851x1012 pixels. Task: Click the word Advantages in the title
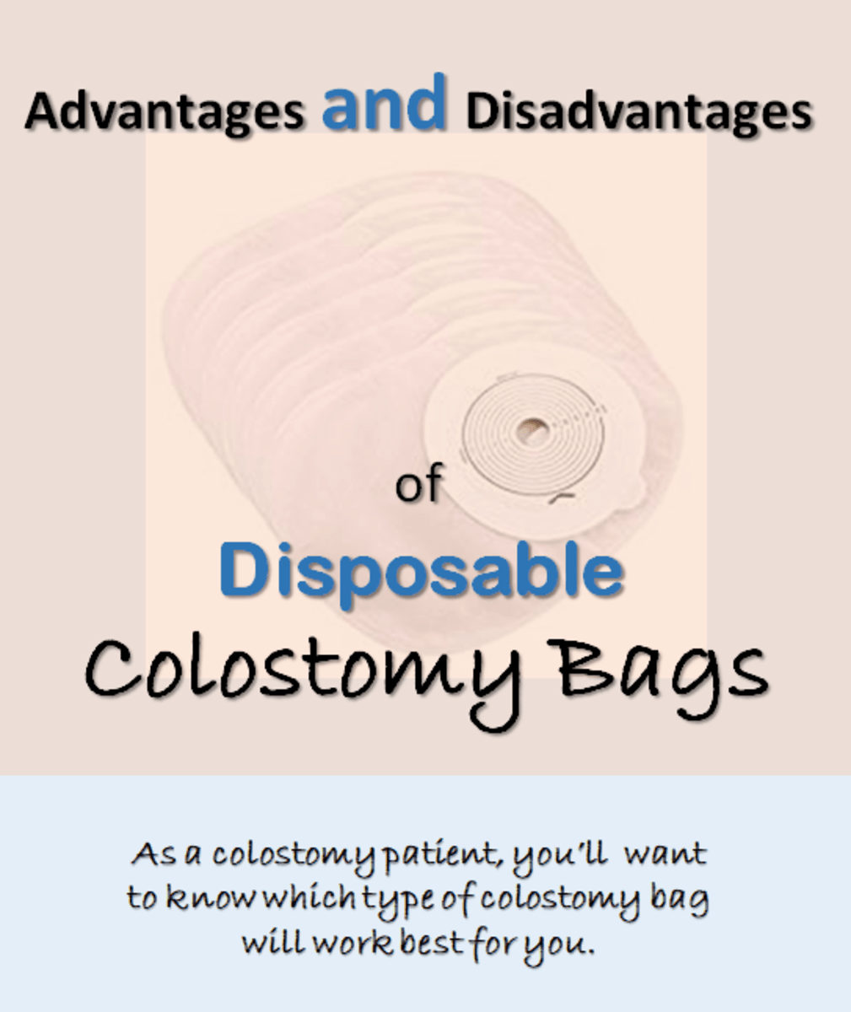[x=164, y=111]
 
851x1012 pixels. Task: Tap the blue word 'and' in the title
[x=384, y=103]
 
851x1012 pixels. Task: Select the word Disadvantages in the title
[x=638, y=111]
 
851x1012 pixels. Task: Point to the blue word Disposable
[x=422, y=570]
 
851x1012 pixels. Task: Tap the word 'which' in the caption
[x=308, y=899]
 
